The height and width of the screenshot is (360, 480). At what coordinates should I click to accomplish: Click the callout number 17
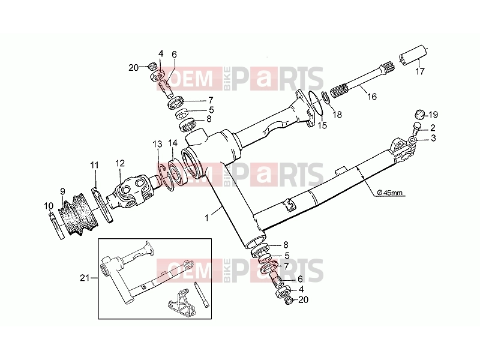pyautogui.click(x=420, y=71)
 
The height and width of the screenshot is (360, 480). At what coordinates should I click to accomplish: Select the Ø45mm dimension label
pyautogui.click(x=389, y=193)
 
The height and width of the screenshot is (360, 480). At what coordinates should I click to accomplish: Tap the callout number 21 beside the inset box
pyautogui.click(x=85, y=278)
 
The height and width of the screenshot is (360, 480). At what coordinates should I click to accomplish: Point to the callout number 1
pyautogui.click(x=207, y=218)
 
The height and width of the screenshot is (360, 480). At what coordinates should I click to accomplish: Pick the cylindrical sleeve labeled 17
pyautogui.click(x=413, y=55)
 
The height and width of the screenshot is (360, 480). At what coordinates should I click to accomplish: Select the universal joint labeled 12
pyautogui.click(x=131, y=191)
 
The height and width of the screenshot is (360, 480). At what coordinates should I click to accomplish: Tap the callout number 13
pyautogui.click(x=157, y=144)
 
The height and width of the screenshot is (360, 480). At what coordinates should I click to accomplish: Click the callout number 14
pyautogui.click(x=173, y=143)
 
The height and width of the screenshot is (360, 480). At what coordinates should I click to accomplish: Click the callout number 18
pyautogui.click(x=337, y=115)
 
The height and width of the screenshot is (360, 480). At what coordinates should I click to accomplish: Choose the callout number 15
pyautogui.click(x=322, y=125)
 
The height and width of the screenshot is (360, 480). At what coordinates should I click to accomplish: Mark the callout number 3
pyautogui.click(x=433, y=138)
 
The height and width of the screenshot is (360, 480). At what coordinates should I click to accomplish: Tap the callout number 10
pyautogui.click(x=49, y=206)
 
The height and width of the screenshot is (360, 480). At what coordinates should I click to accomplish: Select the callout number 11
pyautogui.click(x=94, y=166)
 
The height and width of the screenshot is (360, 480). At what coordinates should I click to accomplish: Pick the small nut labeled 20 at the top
pyautogui.click(x=152, y=66)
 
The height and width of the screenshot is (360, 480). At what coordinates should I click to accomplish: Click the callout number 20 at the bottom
pyautogui.click(x=303, y=299)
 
